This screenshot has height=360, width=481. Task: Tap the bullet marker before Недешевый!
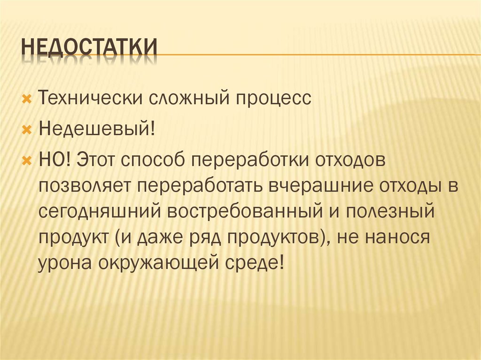pos(27,129)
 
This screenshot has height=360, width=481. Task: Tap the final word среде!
pos(257,263)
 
